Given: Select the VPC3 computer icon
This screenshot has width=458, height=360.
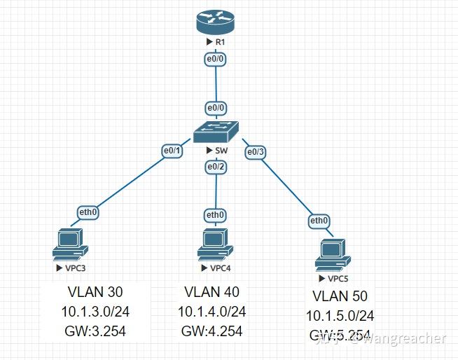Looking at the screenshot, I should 70,244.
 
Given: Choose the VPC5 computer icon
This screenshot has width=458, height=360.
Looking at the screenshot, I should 332,254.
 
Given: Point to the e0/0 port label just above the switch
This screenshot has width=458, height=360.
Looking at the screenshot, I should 216,109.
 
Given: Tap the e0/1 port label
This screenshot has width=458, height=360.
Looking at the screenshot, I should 172,151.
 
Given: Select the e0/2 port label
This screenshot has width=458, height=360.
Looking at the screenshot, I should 216,167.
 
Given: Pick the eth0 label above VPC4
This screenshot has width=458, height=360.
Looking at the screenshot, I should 215,214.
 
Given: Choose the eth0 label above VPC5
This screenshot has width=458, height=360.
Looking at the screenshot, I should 319,221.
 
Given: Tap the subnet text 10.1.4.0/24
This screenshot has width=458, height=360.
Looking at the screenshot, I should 212,312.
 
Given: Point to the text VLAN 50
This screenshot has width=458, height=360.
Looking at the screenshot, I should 340,296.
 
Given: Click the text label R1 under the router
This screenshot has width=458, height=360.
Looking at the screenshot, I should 219,43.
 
